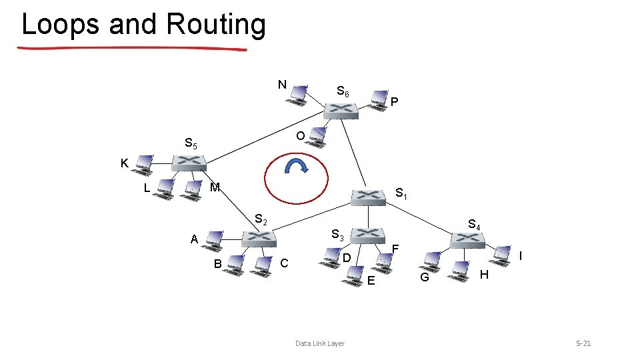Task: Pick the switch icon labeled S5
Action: (x=189, y=163)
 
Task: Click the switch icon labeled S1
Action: (x=369, y=196)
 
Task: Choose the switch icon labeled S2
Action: (x=256, y=237)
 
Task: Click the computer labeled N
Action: (x=296, y=95)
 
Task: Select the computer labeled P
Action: (x=378, y=99)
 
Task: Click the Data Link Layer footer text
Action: (x=320, y=343)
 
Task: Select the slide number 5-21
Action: (x=583, y=343)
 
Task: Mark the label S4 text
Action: (x=475, y=225)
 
